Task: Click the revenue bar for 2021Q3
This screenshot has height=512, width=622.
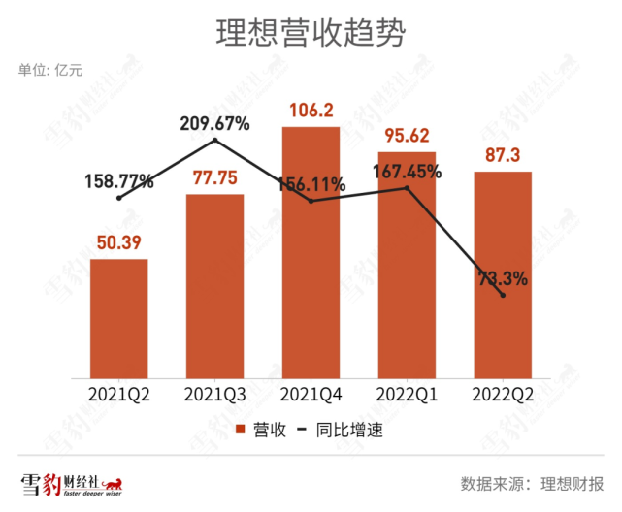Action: [x=214, y=286]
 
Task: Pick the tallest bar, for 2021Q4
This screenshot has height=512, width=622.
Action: [x=311, y=252]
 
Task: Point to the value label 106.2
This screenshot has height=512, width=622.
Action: [x=311, y=110]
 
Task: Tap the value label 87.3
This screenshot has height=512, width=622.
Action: [x=503, y=153]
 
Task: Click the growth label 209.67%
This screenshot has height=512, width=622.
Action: [x=214, y=123]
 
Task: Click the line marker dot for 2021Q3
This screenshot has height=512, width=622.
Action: [x=214, y=141]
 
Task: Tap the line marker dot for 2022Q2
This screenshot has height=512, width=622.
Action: [x=503, y=295]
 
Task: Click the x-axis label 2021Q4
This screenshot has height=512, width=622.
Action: [x=311, y=394]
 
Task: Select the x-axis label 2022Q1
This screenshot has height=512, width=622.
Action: [x=407, y=394]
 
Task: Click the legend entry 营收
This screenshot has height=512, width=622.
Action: [x=257, y=430]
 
